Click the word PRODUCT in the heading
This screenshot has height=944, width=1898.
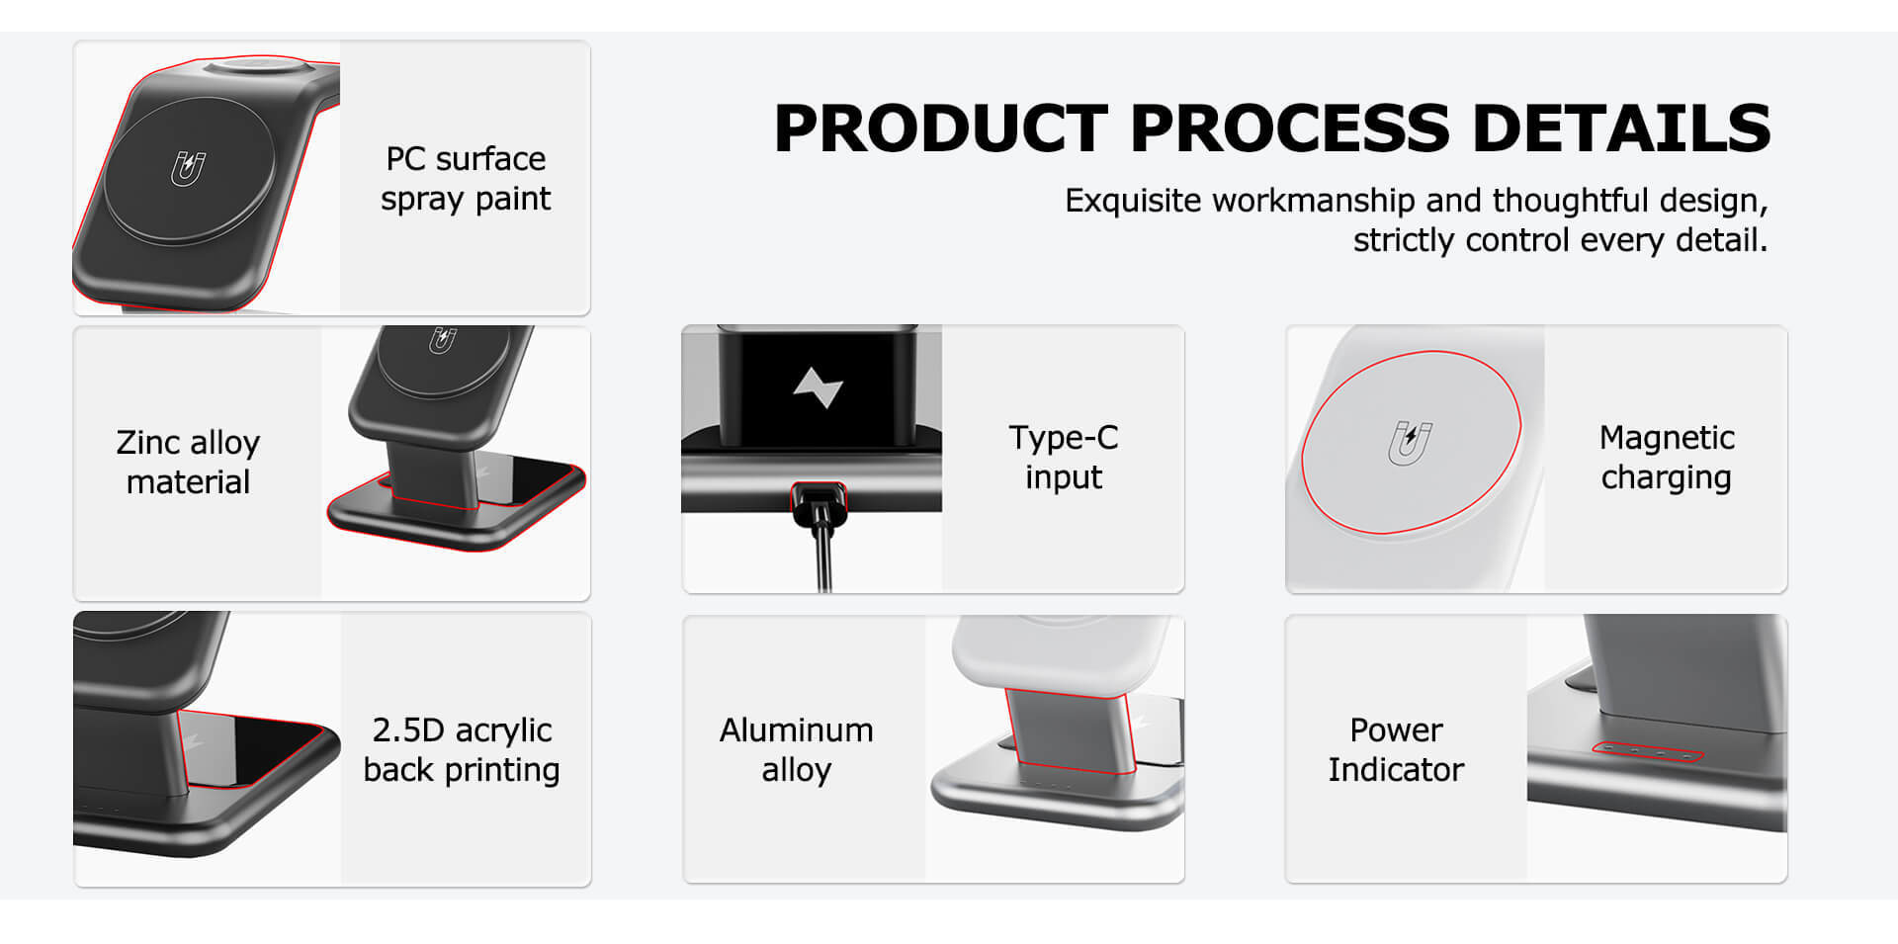940,129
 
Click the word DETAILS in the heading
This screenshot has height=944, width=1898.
1621,129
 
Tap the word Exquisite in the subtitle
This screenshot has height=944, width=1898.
1134,201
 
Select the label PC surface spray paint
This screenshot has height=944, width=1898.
466,179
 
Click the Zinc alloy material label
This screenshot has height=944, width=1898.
188,462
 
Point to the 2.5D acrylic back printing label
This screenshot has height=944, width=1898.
462,749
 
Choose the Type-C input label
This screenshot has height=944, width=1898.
1064,457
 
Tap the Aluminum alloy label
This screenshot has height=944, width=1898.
797,749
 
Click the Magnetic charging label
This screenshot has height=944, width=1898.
1667,457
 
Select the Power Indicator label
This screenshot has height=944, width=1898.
1396,749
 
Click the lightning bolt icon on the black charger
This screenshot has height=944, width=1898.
819,387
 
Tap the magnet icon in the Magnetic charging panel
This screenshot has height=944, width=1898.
1410,442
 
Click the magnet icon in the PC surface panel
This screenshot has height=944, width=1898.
188,169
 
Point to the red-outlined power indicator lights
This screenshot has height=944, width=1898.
1648,753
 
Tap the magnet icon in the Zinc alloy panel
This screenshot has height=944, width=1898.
442,339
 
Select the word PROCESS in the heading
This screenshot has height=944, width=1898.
1290,129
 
